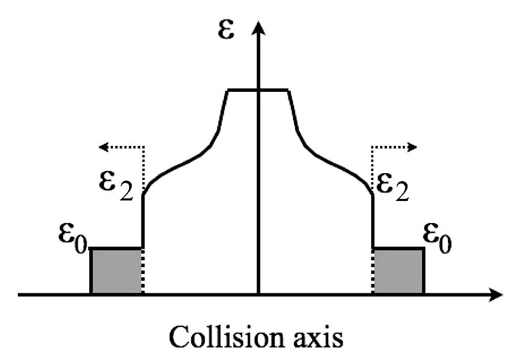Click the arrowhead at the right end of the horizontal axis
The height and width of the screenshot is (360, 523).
click(494, 294)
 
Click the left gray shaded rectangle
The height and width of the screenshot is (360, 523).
click(117, 271)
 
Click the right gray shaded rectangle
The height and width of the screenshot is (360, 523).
click(398, 271)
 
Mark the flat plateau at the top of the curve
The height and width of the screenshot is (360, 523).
click(257, 91)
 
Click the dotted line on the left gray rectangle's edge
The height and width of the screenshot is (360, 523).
click(143, 271)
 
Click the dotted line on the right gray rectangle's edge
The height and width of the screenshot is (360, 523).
click(373, 271)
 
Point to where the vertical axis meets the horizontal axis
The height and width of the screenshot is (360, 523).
click(258, 294)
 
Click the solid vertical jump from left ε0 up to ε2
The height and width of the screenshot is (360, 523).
click(143, 220)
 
